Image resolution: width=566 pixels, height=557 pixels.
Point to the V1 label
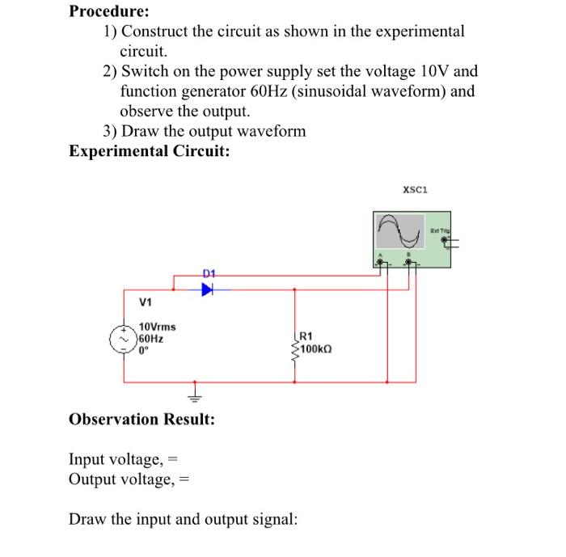click(146, 304)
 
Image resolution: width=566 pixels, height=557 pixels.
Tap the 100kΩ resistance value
click(318, 349)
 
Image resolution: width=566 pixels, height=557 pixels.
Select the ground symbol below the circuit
click(194, 397)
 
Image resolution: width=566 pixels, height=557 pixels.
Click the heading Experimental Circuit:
click(150, 151)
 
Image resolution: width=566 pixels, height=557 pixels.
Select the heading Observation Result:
click(142, 420)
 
